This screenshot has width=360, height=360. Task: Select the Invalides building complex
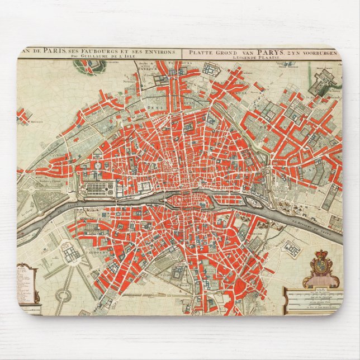tap(71, 254)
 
